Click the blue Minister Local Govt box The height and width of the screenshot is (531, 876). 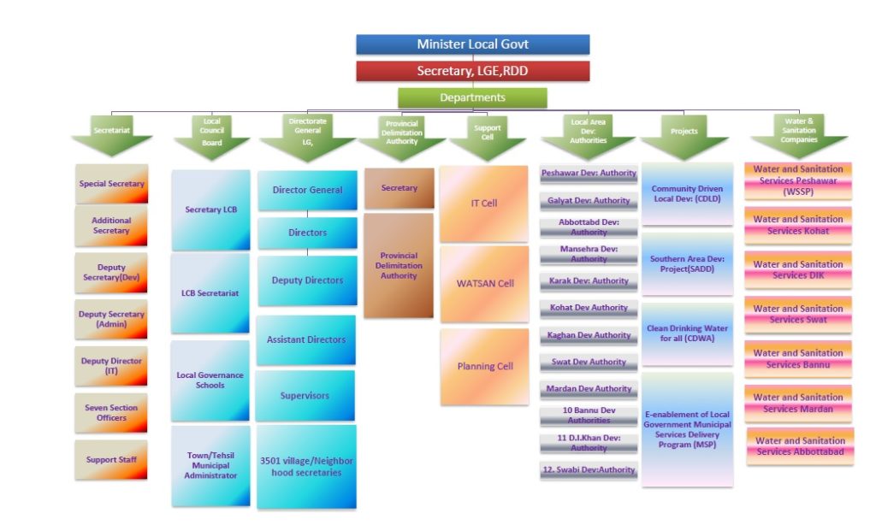(472, 44)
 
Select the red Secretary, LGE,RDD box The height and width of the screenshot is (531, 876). (472, 71)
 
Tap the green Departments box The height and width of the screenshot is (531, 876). (472, 97)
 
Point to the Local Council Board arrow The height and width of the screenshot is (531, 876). (211, 137)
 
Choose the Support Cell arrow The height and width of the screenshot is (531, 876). (487, 137)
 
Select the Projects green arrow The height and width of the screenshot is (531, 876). (684, 137)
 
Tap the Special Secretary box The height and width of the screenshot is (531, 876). (111, 184)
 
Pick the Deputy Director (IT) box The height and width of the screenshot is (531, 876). (111, 366)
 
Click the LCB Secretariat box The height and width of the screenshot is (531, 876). (210, 293)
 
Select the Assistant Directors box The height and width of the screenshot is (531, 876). (305, 339)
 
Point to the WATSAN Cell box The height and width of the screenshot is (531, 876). (484, 284)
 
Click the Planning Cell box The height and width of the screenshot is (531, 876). (484, 367)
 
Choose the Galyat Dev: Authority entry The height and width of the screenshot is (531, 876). (589, 201)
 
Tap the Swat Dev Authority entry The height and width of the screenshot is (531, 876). (589, 363)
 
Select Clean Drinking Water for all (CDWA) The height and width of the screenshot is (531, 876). (687, 333)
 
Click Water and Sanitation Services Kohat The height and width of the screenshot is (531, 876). (798, 225)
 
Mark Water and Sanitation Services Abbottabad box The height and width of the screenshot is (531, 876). (800, 446)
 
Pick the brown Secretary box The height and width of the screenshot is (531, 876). (399, 188)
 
